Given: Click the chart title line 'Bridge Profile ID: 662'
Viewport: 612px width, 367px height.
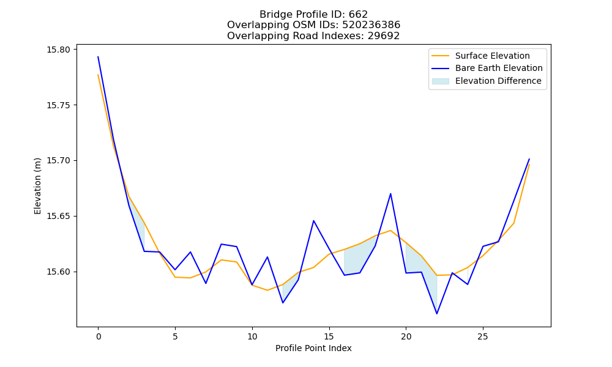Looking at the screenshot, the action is (x=313, y=15).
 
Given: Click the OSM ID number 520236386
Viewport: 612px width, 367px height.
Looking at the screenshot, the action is (x=371, y=25).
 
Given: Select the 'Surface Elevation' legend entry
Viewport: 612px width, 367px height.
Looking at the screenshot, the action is (x=480, y=56).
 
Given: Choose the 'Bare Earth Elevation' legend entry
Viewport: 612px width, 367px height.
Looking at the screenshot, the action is (x=487, y=69).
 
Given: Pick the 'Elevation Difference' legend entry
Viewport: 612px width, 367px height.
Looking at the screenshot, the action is (x=487, y=81).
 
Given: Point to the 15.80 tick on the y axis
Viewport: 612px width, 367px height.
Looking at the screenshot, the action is (x=59, y=50).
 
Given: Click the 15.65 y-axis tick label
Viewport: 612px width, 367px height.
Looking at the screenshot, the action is (x=59, y=216).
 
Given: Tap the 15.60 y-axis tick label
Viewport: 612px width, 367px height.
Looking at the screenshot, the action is (x=59, y=272).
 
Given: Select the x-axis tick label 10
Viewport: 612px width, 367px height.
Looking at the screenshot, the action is (x=252, y=336).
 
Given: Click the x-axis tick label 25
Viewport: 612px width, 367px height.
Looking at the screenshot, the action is (x=483, y=336).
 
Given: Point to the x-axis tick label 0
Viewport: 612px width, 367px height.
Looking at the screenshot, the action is (x=99, y=336).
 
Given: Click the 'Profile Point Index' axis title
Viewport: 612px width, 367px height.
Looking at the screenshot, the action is (x=313, y=348).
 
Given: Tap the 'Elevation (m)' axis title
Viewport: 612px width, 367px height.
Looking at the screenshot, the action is (x=37, y=186).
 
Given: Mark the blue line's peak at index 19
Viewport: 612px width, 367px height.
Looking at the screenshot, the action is (x=390, y=193).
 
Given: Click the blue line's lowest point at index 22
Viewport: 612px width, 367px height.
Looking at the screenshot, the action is (x=437, y=314).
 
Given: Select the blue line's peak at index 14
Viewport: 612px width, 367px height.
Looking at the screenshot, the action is (x=313, y=221).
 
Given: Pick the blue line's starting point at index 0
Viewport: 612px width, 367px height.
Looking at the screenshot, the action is (x=98, y=56).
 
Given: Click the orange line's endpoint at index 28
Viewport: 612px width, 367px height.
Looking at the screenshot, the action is (x=529, y=165).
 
